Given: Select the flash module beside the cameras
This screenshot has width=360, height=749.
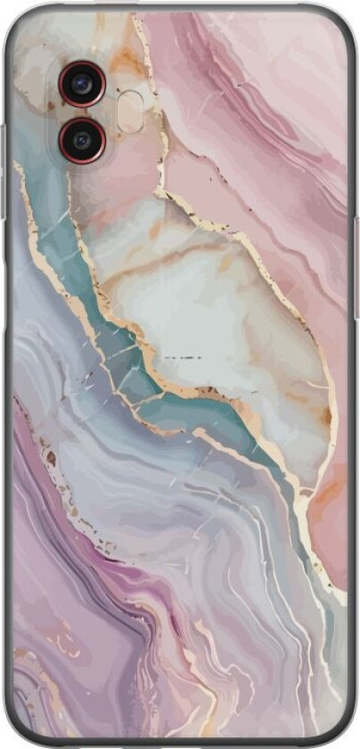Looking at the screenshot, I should point(130,111).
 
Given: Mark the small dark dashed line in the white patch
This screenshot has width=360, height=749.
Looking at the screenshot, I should point(183,357).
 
